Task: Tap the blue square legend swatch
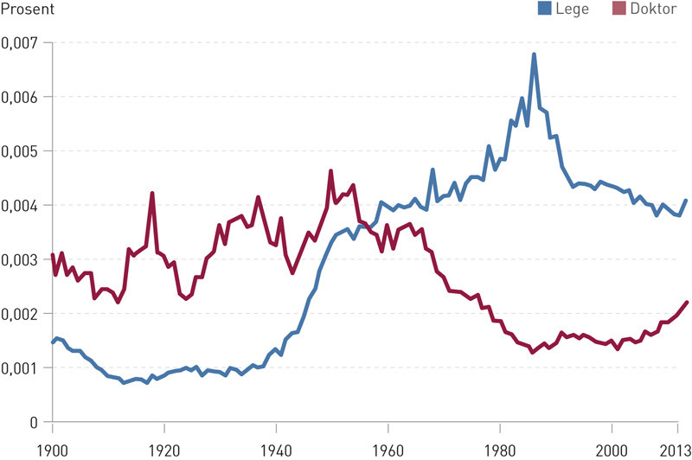pyautogui.click(x=545, y=10)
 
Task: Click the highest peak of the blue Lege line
pyautogui.click(x=534, y=54)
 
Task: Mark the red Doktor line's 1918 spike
pyautogui.click(x=152, y=193)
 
